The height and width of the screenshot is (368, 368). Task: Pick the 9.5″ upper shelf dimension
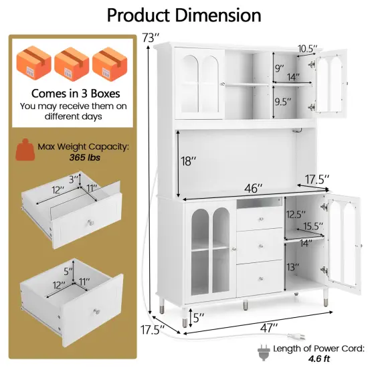click(x=284, y=102)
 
